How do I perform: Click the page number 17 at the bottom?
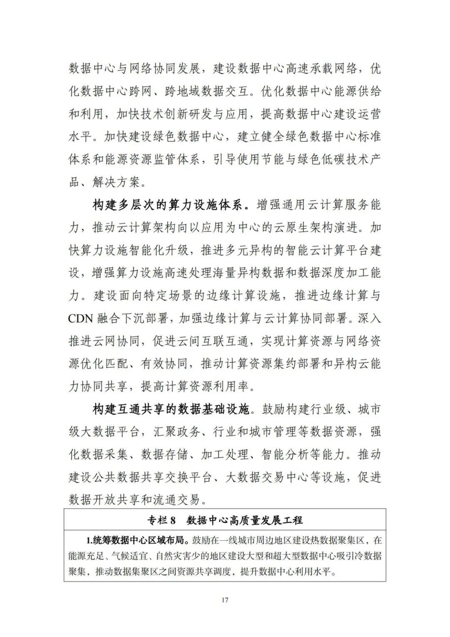225,600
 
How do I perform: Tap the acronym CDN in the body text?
82,319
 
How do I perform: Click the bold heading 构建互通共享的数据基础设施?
171,409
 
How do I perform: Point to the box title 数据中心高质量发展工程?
245,520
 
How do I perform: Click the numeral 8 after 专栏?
173,520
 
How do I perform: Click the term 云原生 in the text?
285,228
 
